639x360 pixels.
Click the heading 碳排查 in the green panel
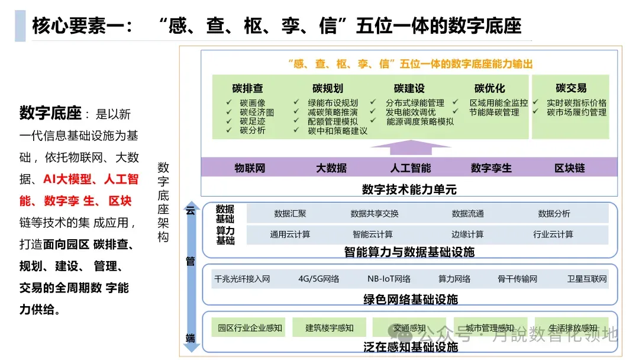(247, 88)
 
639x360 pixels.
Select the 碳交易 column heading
(571, 88)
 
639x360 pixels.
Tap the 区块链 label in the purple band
(569, 168)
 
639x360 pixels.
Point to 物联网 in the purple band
(250, 168)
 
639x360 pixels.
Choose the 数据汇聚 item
(290, 214)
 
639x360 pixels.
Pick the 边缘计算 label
(467, 234)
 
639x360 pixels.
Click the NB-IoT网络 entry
(389, 279)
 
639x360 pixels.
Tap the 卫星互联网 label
(587, 279)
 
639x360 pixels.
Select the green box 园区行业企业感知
(250, 327)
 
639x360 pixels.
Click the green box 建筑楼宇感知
(330, 327)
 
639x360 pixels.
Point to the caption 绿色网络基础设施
(410, 300)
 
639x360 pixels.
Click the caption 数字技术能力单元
(409, 189)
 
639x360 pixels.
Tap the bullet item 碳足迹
(253, 121)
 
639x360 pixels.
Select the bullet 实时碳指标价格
(576, 103)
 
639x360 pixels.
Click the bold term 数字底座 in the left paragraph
(50, 112)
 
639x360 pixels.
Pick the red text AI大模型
(68, 179)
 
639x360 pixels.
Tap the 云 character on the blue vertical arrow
(191, 210)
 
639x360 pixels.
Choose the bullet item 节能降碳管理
(494, 112)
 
